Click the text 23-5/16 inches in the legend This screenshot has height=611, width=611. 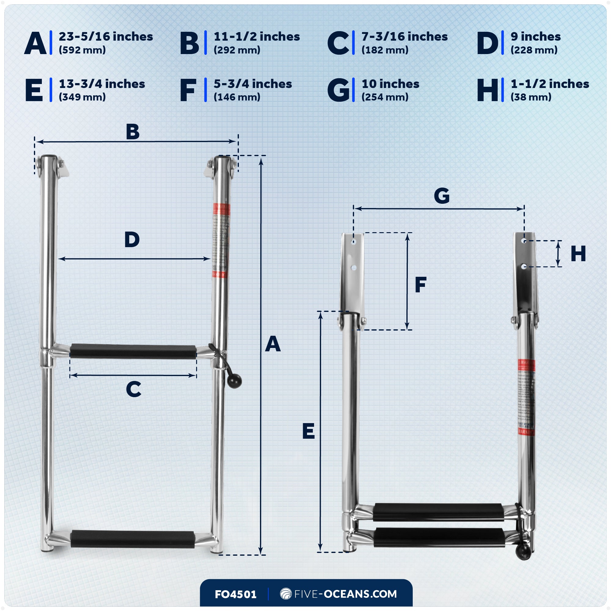106,37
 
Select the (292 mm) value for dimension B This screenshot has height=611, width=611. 237,50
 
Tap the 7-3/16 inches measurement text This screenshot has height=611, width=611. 404,37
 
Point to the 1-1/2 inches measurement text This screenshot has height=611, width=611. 550,84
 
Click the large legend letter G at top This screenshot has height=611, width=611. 338,90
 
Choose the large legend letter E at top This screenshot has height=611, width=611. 34,90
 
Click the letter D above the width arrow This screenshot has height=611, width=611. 132,240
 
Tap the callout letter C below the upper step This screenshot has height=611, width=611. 134,389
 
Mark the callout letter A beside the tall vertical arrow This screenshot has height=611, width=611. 273,344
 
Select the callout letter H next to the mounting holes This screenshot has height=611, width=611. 578,254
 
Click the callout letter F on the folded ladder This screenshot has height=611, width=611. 420,285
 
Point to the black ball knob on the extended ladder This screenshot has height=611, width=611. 234,380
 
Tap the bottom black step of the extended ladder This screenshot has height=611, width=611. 133,539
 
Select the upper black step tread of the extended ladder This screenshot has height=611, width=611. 133,351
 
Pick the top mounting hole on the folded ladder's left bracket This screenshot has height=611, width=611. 354,242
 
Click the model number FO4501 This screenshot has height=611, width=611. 236,594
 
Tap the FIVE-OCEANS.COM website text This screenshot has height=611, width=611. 345,594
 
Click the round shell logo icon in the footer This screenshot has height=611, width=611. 286,594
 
